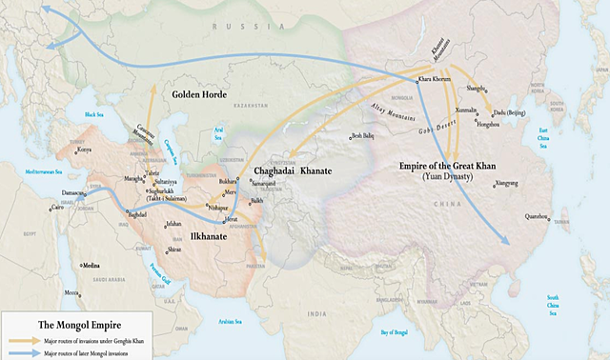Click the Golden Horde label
click(x=205, y=95)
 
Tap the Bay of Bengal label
click(x=400, y=330)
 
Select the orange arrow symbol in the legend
click(x=22, y=340)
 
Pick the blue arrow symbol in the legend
click(x=22, y=351)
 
